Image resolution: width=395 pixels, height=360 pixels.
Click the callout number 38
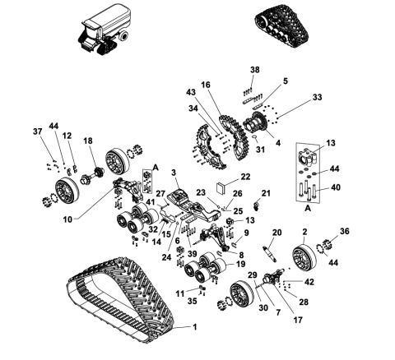(x=254, y=69)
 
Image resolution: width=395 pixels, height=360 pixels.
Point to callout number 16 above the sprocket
(x=206, y=85)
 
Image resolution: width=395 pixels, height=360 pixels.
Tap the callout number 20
(x=276, y=233)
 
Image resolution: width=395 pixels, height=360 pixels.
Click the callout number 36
(x=344, y=231)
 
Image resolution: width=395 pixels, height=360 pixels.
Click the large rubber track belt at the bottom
(x=123, y=304)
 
